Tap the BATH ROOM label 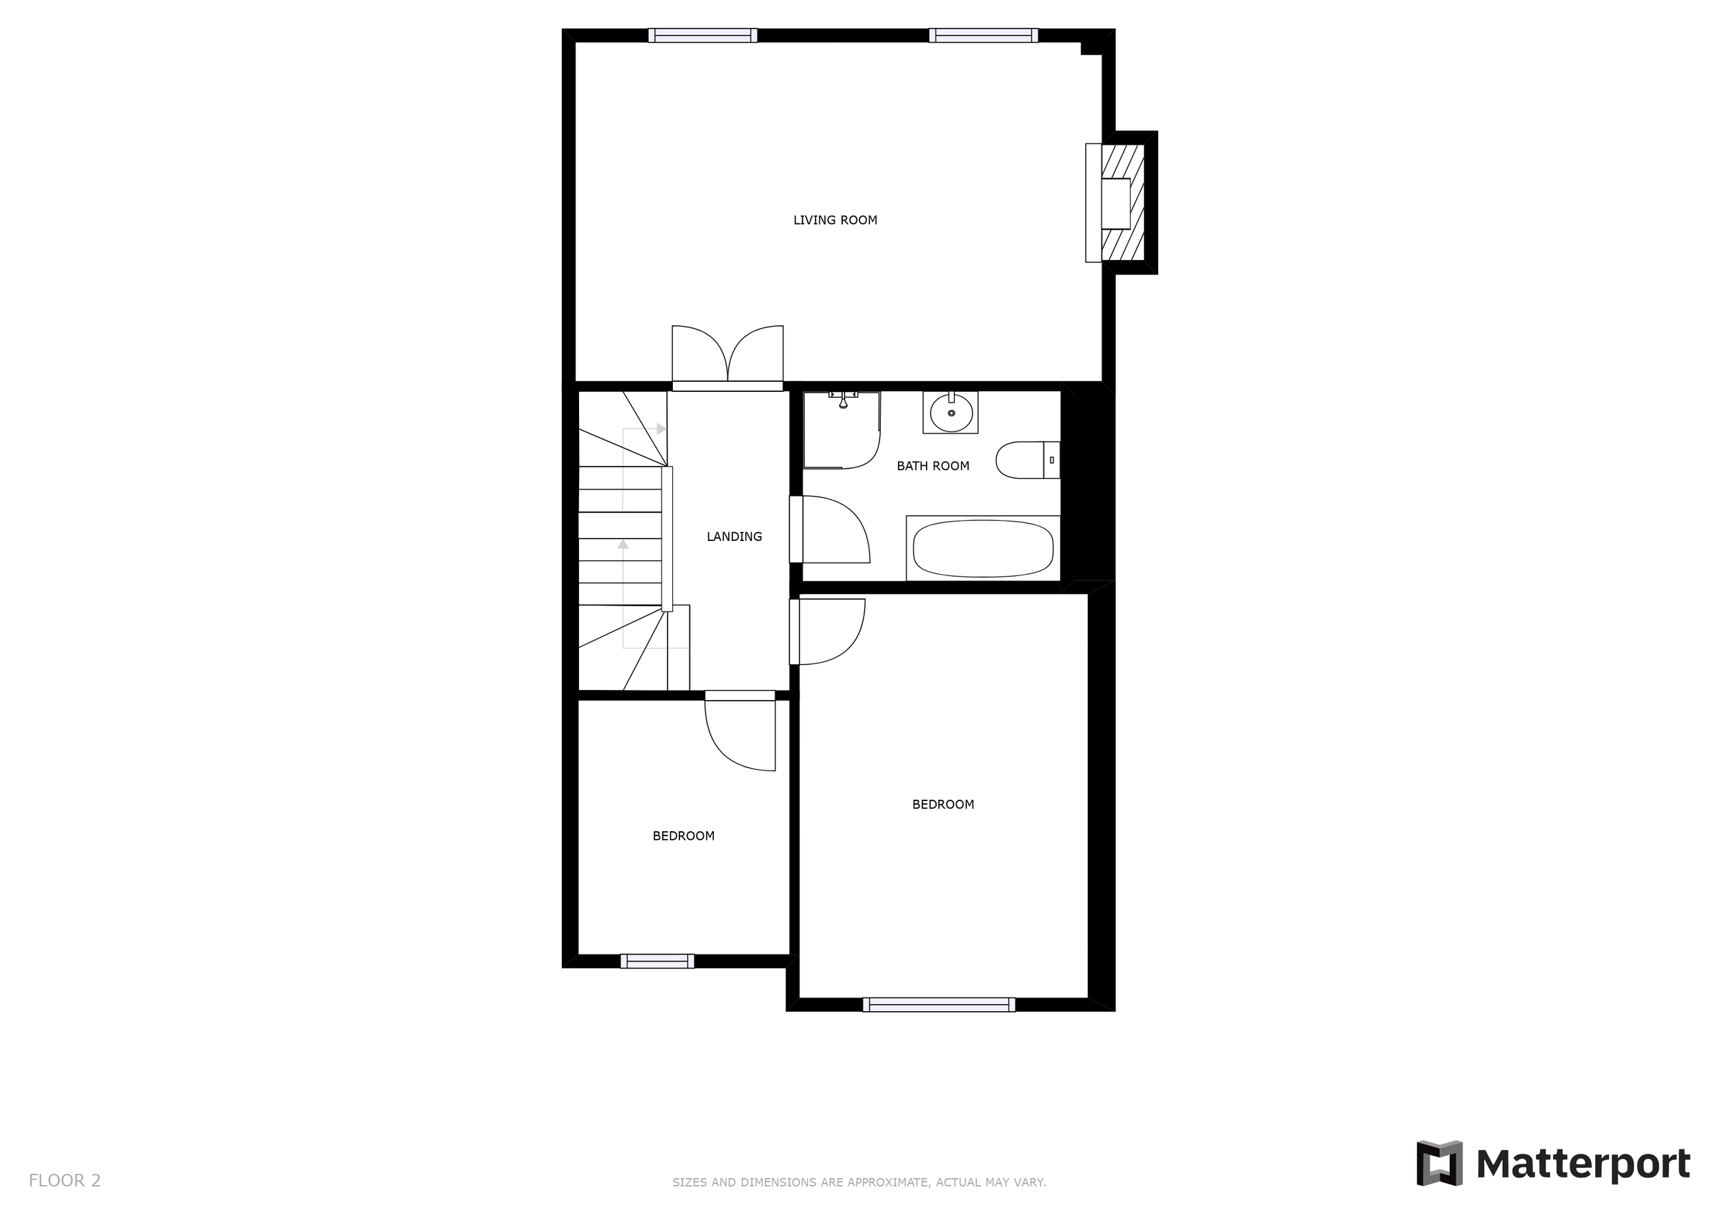932,466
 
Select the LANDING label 734,537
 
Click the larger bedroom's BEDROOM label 942,805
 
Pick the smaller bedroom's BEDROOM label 683,836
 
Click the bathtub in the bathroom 983,548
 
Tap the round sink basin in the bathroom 950,413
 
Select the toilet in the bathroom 1026,460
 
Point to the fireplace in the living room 1121,203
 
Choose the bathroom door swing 831,530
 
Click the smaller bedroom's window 657,961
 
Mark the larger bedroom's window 939,1005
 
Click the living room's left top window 702,35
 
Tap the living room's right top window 983,35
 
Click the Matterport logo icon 1438,1164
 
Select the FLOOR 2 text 64,1181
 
